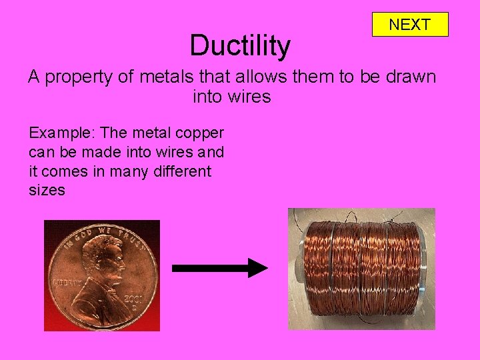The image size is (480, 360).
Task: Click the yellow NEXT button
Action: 409,25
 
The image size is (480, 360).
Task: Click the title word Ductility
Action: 240,46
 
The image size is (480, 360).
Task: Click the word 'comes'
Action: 67,171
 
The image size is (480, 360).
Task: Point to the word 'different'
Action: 182,171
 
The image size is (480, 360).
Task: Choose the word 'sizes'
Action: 47,190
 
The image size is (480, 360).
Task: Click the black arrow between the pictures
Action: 219,268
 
